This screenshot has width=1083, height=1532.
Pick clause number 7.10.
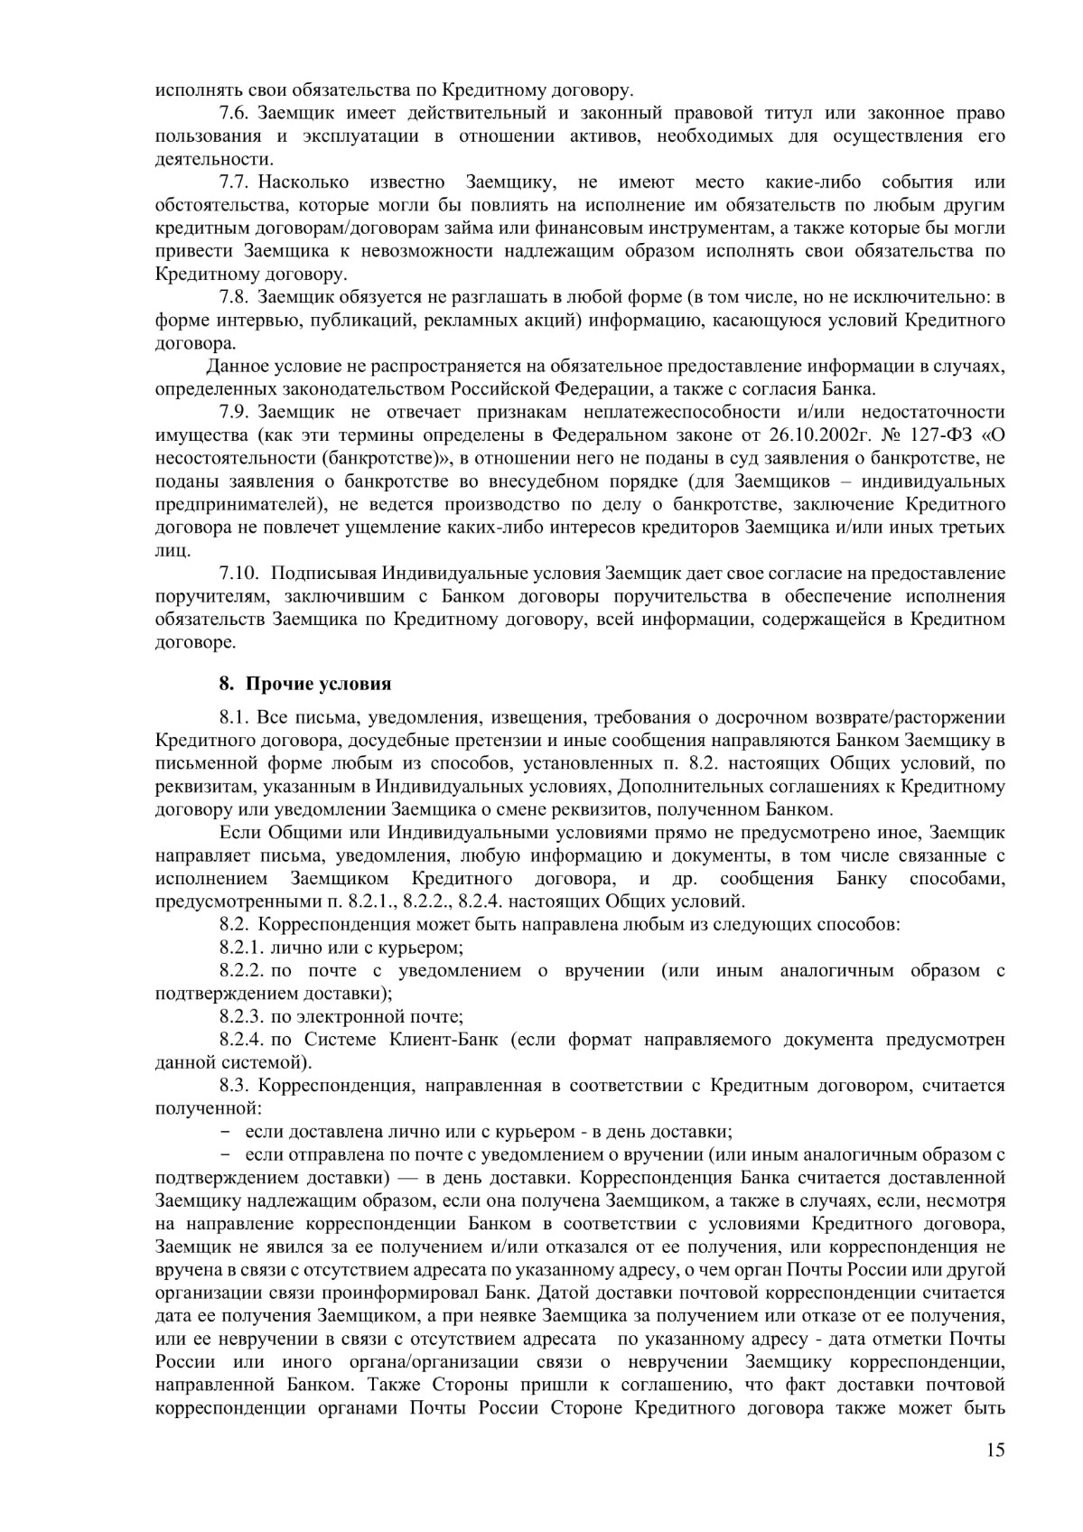[x=239, y=573]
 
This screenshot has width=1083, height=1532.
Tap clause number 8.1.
[x=235, y=718]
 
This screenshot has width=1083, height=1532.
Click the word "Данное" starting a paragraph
[x=235, y=366]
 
